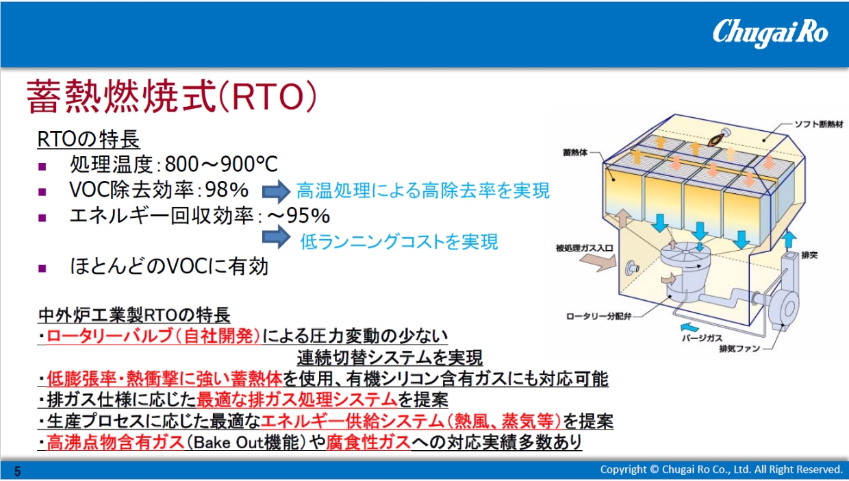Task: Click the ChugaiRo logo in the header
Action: (x=770, y=33)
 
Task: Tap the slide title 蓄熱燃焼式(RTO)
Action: (x=172, y=97)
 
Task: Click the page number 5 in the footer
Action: (x=17, y=471)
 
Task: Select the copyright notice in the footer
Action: (x=721, y=469)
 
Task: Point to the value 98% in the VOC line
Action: (x=227, y=190)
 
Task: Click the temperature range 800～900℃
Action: (x=221, y=164)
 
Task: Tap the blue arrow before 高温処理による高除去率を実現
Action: (x=277, y=191)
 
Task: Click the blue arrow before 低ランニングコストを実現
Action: (x=277, y=237)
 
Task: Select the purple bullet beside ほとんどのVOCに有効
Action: (x=42, y=269)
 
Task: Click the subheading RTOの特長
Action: (x=89, y=139)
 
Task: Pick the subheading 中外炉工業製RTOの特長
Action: (x=134, y=315)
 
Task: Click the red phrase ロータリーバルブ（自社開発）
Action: (x=153, y=336)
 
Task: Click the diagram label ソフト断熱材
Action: (x=819, y=125)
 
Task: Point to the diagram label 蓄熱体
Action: (x=575, y=153)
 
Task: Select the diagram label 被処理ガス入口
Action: (x=585, y=249)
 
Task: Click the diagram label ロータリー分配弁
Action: (x=599, y=317)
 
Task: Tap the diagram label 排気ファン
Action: (x=740, y=349)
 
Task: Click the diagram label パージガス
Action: (x=702, y=338)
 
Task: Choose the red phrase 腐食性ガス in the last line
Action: (x=368, y=443)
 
